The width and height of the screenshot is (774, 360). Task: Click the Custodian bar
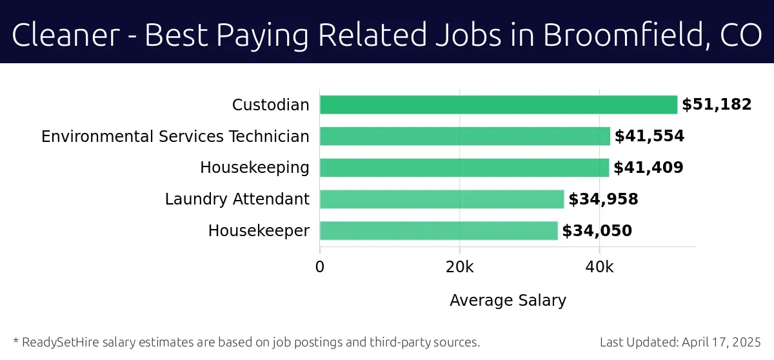498,105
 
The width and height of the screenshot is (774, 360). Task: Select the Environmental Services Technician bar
464,136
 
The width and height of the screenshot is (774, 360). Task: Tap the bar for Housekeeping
464,168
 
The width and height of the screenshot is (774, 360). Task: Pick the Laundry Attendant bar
442,199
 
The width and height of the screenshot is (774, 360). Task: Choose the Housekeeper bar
439,231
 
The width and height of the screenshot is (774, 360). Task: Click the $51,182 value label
717,105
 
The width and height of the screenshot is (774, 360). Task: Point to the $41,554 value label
649,136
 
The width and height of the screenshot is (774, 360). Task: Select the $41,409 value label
648,168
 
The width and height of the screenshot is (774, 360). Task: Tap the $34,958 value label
603,199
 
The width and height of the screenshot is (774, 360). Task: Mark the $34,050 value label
597,231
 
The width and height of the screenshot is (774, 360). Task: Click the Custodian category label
271,105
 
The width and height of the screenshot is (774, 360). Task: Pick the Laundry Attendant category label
237,199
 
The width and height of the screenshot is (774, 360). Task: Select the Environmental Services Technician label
175,136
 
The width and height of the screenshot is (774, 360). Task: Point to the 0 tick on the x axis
320,267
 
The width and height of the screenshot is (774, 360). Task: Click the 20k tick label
459,267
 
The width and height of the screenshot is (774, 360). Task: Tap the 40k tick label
599,267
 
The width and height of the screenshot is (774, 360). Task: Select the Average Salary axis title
508,300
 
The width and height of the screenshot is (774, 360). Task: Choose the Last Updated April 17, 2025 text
680,342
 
